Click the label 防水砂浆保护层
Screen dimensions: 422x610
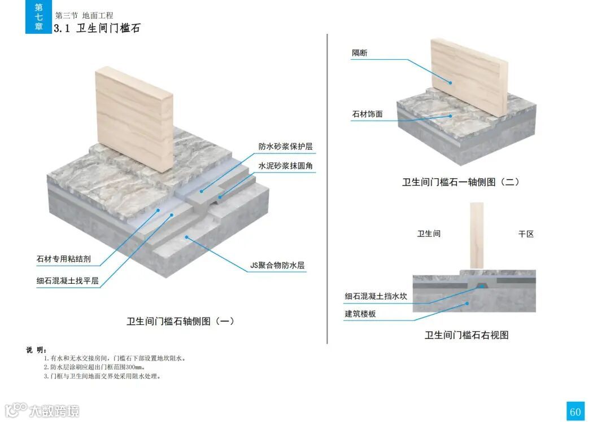click(285, 147)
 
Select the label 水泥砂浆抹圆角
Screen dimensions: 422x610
click(285, 166)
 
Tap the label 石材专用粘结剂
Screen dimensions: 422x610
click(63, 260)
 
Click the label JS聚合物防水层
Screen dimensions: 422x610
click(277, 265)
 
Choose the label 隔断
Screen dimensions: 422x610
click(360, 53)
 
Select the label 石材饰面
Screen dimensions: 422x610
click(367, 114)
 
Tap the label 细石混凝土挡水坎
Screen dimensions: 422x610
click(376, 296)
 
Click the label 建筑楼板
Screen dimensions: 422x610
click(360, 314)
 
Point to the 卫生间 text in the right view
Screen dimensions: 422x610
click(429, 234)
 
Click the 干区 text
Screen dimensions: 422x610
click(526, 234)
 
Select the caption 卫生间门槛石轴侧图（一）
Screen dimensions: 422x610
click(180, 321)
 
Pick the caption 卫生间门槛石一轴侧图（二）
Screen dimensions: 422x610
click(460, 182)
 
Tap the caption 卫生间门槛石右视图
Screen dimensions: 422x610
click(467, 335)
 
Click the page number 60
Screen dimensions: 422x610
click(575, 412)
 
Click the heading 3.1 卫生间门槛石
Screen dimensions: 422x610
click(97, 28)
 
